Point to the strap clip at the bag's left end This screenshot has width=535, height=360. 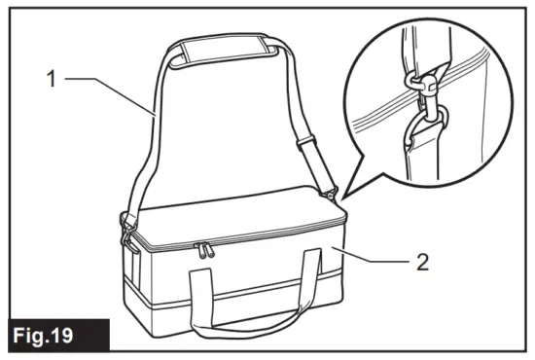(x=127, y=228)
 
